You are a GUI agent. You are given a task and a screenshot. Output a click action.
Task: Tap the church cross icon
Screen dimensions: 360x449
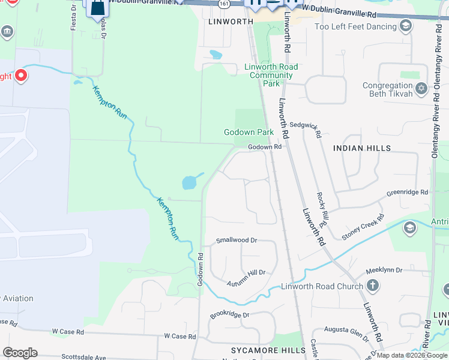(x=373, y=286)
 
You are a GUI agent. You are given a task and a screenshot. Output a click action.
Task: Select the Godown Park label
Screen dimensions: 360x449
(x=249, y=132)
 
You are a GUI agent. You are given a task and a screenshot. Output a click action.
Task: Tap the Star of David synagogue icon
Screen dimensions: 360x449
(x=421, y=89)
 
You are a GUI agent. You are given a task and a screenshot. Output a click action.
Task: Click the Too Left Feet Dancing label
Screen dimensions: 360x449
(x=356, y=26)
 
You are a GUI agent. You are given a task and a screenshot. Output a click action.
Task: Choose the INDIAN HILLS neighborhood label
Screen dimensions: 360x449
(x=361, y=148)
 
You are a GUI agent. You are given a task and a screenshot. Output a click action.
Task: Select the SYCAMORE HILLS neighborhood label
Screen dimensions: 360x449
(x=260, y=349)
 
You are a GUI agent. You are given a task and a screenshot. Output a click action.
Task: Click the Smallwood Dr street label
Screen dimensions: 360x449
(x=237, y=240)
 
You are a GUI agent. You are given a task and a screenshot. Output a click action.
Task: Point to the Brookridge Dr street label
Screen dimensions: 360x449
(x=229, y=314)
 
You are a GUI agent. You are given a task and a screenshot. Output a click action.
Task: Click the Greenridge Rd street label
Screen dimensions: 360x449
(x=408, y=193)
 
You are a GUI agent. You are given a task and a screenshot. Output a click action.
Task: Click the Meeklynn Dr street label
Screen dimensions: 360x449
(x=384, y=270)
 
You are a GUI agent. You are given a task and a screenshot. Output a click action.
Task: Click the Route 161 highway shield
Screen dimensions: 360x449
(x=224, y=4)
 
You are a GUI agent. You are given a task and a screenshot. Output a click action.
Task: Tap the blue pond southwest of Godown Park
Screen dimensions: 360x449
(x=190, y=181)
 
